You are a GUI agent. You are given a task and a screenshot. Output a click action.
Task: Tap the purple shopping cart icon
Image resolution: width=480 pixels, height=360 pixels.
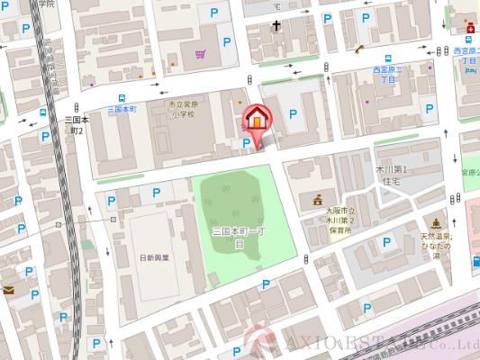pyautogui.click(x=200, y=55)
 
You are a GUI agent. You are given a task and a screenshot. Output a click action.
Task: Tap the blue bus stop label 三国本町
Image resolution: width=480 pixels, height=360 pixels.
pyautogui.click(x=121, y=109)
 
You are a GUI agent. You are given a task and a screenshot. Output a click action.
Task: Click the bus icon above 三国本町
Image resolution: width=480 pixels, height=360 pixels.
pyautogui.click(x=121, y=98)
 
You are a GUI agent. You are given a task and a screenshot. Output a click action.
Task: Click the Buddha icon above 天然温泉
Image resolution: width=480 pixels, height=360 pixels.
pyautogui.click(x=436, y=221)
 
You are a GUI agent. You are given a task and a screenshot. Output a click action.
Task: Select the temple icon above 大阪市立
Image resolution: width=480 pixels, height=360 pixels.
pyautogui.click(x=316, y=200)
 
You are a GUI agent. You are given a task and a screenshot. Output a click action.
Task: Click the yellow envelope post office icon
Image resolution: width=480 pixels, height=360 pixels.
pyautogui.click(x=7, y=291)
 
